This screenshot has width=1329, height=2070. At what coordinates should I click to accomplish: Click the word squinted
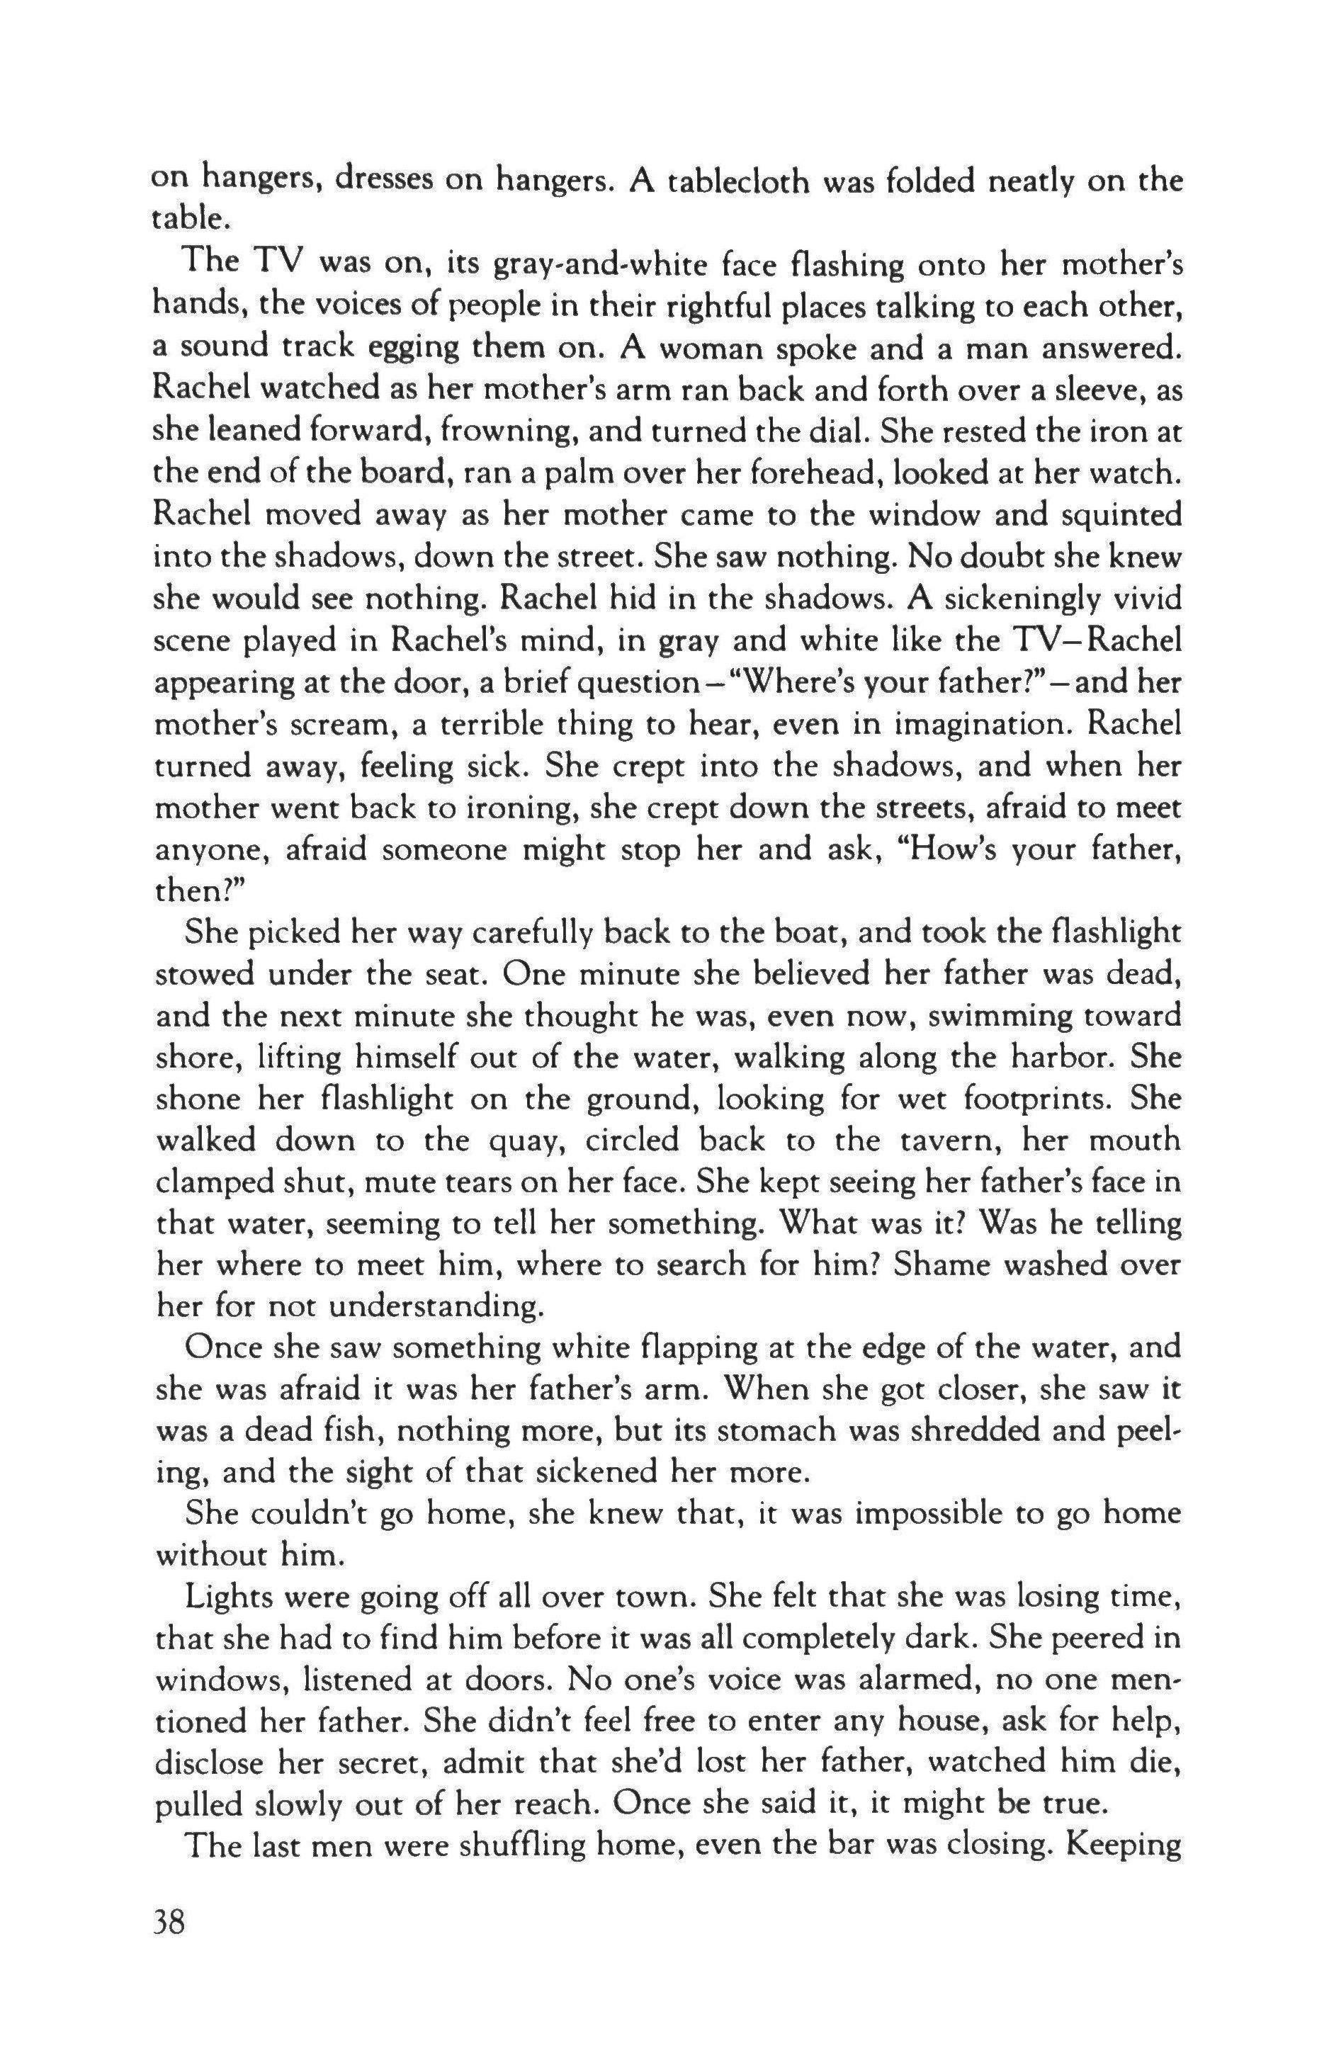click(x=1107, y=515)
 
